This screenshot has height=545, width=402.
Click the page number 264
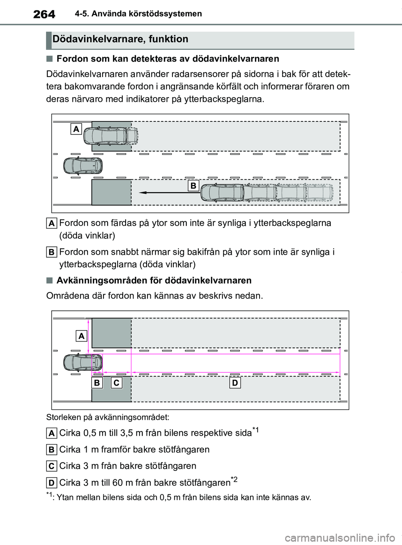(x=44, y=14)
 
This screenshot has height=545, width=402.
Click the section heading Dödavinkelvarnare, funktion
(x=121, y=39)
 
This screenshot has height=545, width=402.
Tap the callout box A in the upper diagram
(x=76, y=129)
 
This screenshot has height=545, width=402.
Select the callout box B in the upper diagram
(x=193, y=186)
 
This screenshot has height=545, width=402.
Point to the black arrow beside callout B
(x=170, y=193)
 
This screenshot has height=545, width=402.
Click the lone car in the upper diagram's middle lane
(x=83, y=165)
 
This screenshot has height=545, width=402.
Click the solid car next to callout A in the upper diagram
(x=105, y=136)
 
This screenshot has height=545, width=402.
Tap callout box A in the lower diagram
(x=81, y=336)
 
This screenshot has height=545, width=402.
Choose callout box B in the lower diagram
(x=97, y=383)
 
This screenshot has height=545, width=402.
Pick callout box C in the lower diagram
(x=116, y=383)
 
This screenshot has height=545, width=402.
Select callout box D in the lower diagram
(x=235, y=383)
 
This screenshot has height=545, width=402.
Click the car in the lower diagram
(x=83, y=362)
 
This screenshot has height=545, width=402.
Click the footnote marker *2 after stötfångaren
(x=234, y=479)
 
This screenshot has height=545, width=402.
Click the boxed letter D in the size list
(x=52, y=483)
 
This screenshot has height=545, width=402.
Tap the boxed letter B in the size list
(x=52, y=449)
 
